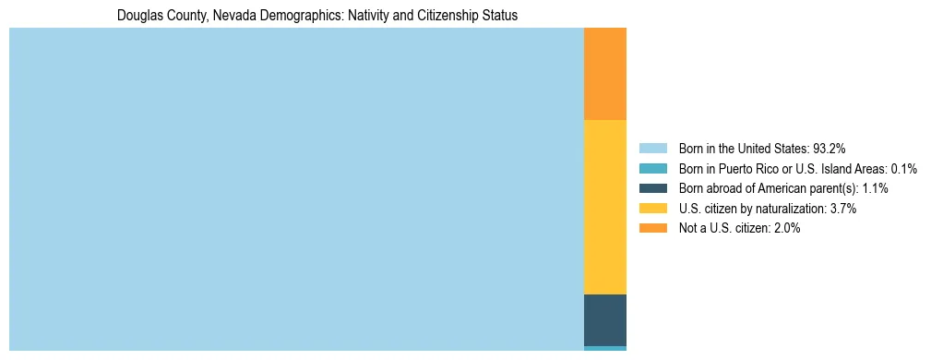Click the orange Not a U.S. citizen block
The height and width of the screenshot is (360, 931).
coord(605,74)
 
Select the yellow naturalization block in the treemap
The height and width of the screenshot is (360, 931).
coord(605,207)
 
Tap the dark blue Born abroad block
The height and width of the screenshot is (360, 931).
coord(605,319)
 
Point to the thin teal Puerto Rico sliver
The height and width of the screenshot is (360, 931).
coord(605,348)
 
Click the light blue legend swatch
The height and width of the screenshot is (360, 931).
coord(652,148)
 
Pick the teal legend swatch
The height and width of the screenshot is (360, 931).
coord(652,168)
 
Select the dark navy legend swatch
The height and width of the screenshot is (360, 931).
coord(652,188)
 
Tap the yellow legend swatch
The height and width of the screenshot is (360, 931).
coord(652,209)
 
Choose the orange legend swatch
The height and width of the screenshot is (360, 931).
coord(652,228)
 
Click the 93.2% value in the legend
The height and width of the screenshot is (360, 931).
coord(830,148)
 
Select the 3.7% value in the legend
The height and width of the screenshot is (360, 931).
coord(843,209)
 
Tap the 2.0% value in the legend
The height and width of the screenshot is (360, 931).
coord(787,228)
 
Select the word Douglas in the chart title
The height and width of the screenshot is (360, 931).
coord(138,16)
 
